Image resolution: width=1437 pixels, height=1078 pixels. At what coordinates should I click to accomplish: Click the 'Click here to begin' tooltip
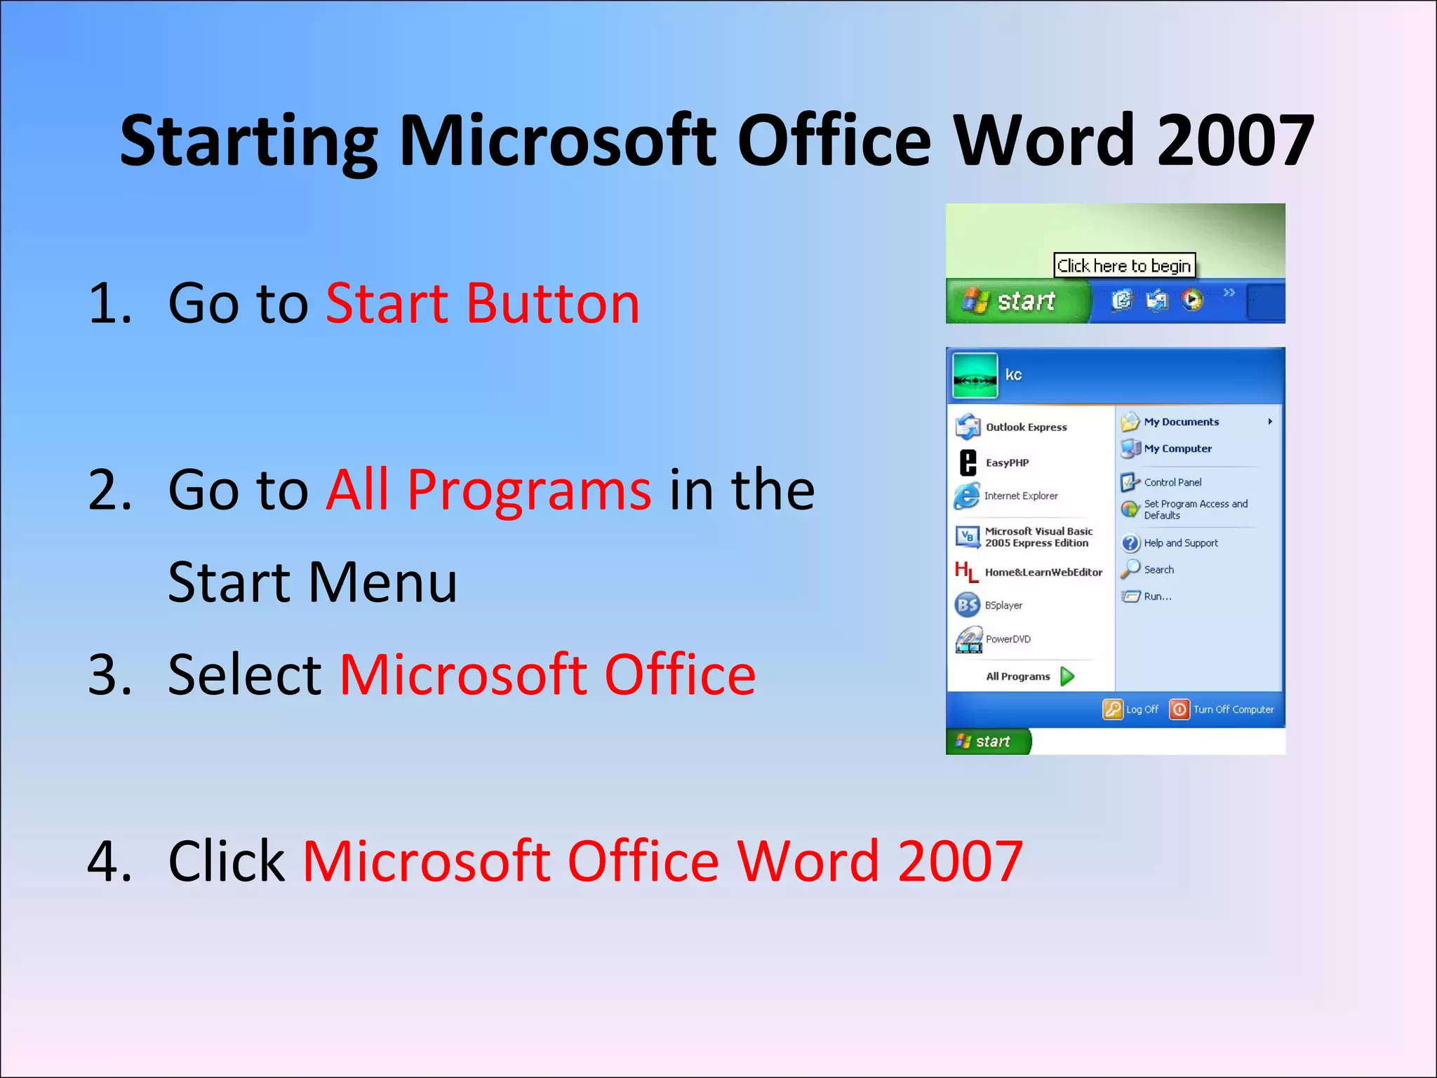click(1124, 266)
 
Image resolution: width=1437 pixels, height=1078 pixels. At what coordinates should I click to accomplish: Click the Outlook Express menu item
click(1025, 427)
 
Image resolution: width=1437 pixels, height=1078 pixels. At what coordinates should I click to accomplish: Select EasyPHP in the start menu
click(1007, 463)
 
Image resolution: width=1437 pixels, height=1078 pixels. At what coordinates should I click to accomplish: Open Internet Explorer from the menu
click(1020, 495)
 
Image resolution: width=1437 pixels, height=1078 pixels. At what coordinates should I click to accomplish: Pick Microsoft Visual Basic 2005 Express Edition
click(1038, 537)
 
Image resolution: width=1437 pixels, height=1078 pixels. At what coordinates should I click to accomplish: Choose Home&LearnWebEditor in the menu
click(1043, 572)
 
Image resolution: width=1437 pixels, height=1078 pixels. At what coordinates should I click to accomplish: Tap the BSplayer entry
click(1003, 605)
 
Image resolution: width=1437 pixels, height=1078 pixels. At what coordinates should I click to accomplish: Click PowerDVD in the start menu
click(1008, 639)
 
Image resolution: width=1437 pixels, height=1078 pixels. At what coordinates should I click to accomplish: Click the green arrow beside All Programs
click(1067, 677)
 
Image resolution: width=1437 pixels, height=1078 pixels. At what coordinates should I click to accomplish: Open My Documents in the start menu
click(1181, 422)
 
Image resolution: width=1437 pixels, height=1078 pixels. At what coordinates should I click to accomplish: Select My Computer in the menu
click(1177, 448)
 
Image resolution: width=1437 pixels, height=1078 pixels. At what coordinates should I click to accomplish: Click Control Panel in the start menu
click(1172, 482)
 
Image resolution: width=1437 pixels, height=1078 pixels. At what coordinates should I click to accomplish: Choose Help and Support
click(1180, 543)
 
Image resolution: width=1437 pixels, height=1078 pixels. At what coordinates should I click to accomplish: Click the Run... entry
click(1157, 597)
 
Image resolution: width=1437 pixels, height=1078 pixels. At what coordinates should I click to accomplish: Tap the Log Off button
click(1131, 710)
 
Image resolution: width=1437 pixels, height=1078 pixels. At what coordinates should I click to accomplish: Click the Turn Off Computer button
click(1222, 710)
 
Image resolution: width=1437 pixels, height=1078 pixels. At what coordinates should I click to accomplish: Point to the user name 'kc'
click(1013, 375)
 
